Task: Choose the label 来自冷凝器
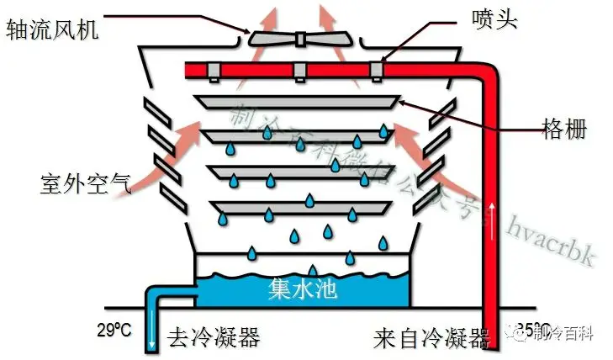tap(431, 339)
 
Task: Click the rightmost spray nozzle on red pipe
tap(380, 71)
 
